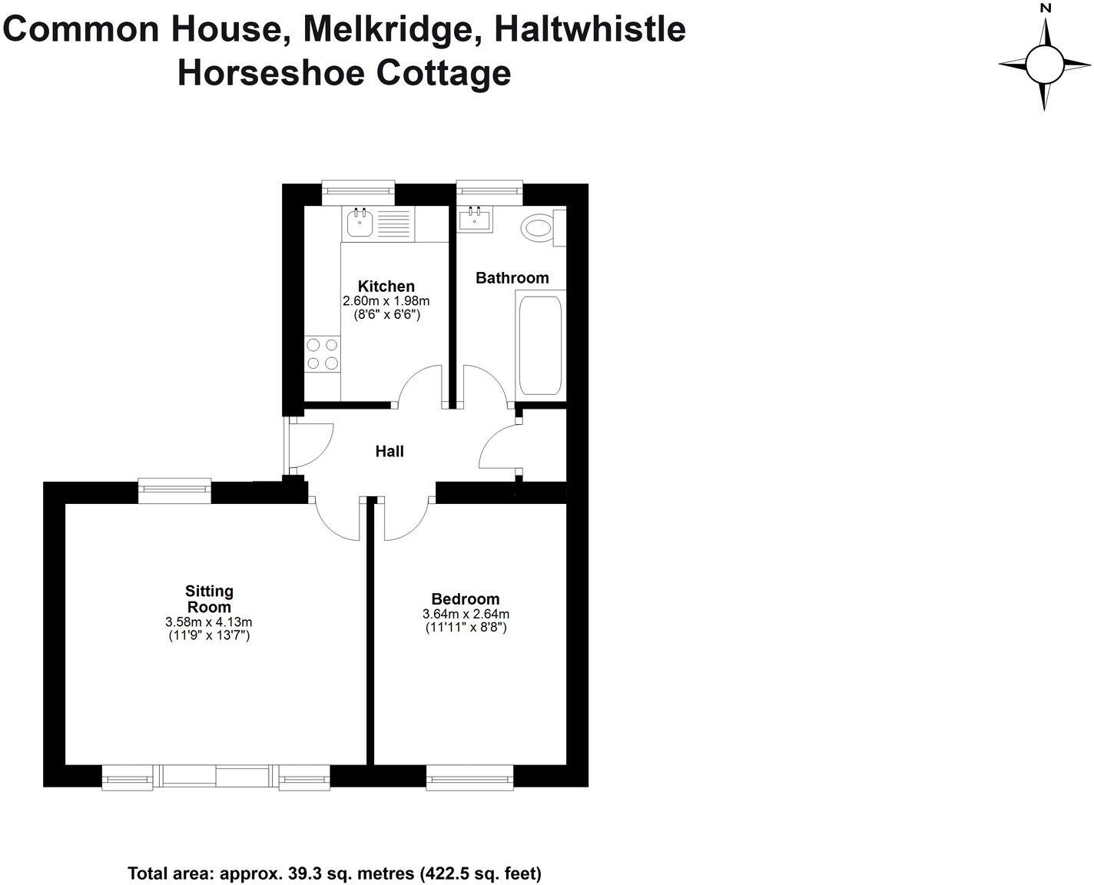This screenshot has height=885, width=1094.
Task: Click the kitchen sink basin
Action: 359,224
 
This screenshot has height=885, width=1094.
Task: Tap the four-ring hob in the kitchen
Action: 323,354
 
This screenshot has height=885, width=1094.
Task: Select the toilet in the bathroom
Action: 538,228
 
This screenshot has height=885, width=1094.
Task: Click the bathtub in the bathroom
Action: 540,343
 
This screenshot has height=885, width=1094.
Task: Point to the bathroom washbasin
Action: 476,220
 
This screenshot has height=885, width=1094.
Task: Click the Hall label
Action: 390,452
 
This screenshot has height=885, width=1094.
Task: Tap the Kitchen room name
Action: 386,287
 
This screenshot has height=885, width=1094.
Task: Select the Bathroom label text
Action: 512,278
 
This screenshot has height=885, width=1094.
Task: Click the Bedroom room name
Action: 466,599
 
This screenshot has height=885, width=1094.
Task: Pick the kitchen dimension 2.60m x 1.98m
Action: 386,301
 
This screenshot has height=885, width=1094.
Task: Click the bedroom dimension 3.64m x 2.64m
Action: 466,614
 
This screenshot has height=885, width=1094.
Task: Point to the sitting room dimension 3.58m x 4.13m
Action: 209,622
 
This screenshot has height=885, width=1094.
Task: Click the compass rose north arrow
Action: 1045,38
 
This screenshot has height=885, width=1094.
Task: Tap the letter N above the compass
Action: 1045,8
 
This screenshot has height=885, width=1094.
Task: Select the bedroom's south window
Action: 469,778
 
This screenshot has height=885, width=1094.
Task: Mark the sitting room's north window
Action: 174,489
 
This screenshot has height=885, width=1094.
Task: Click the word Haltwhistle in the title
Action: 589,30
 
